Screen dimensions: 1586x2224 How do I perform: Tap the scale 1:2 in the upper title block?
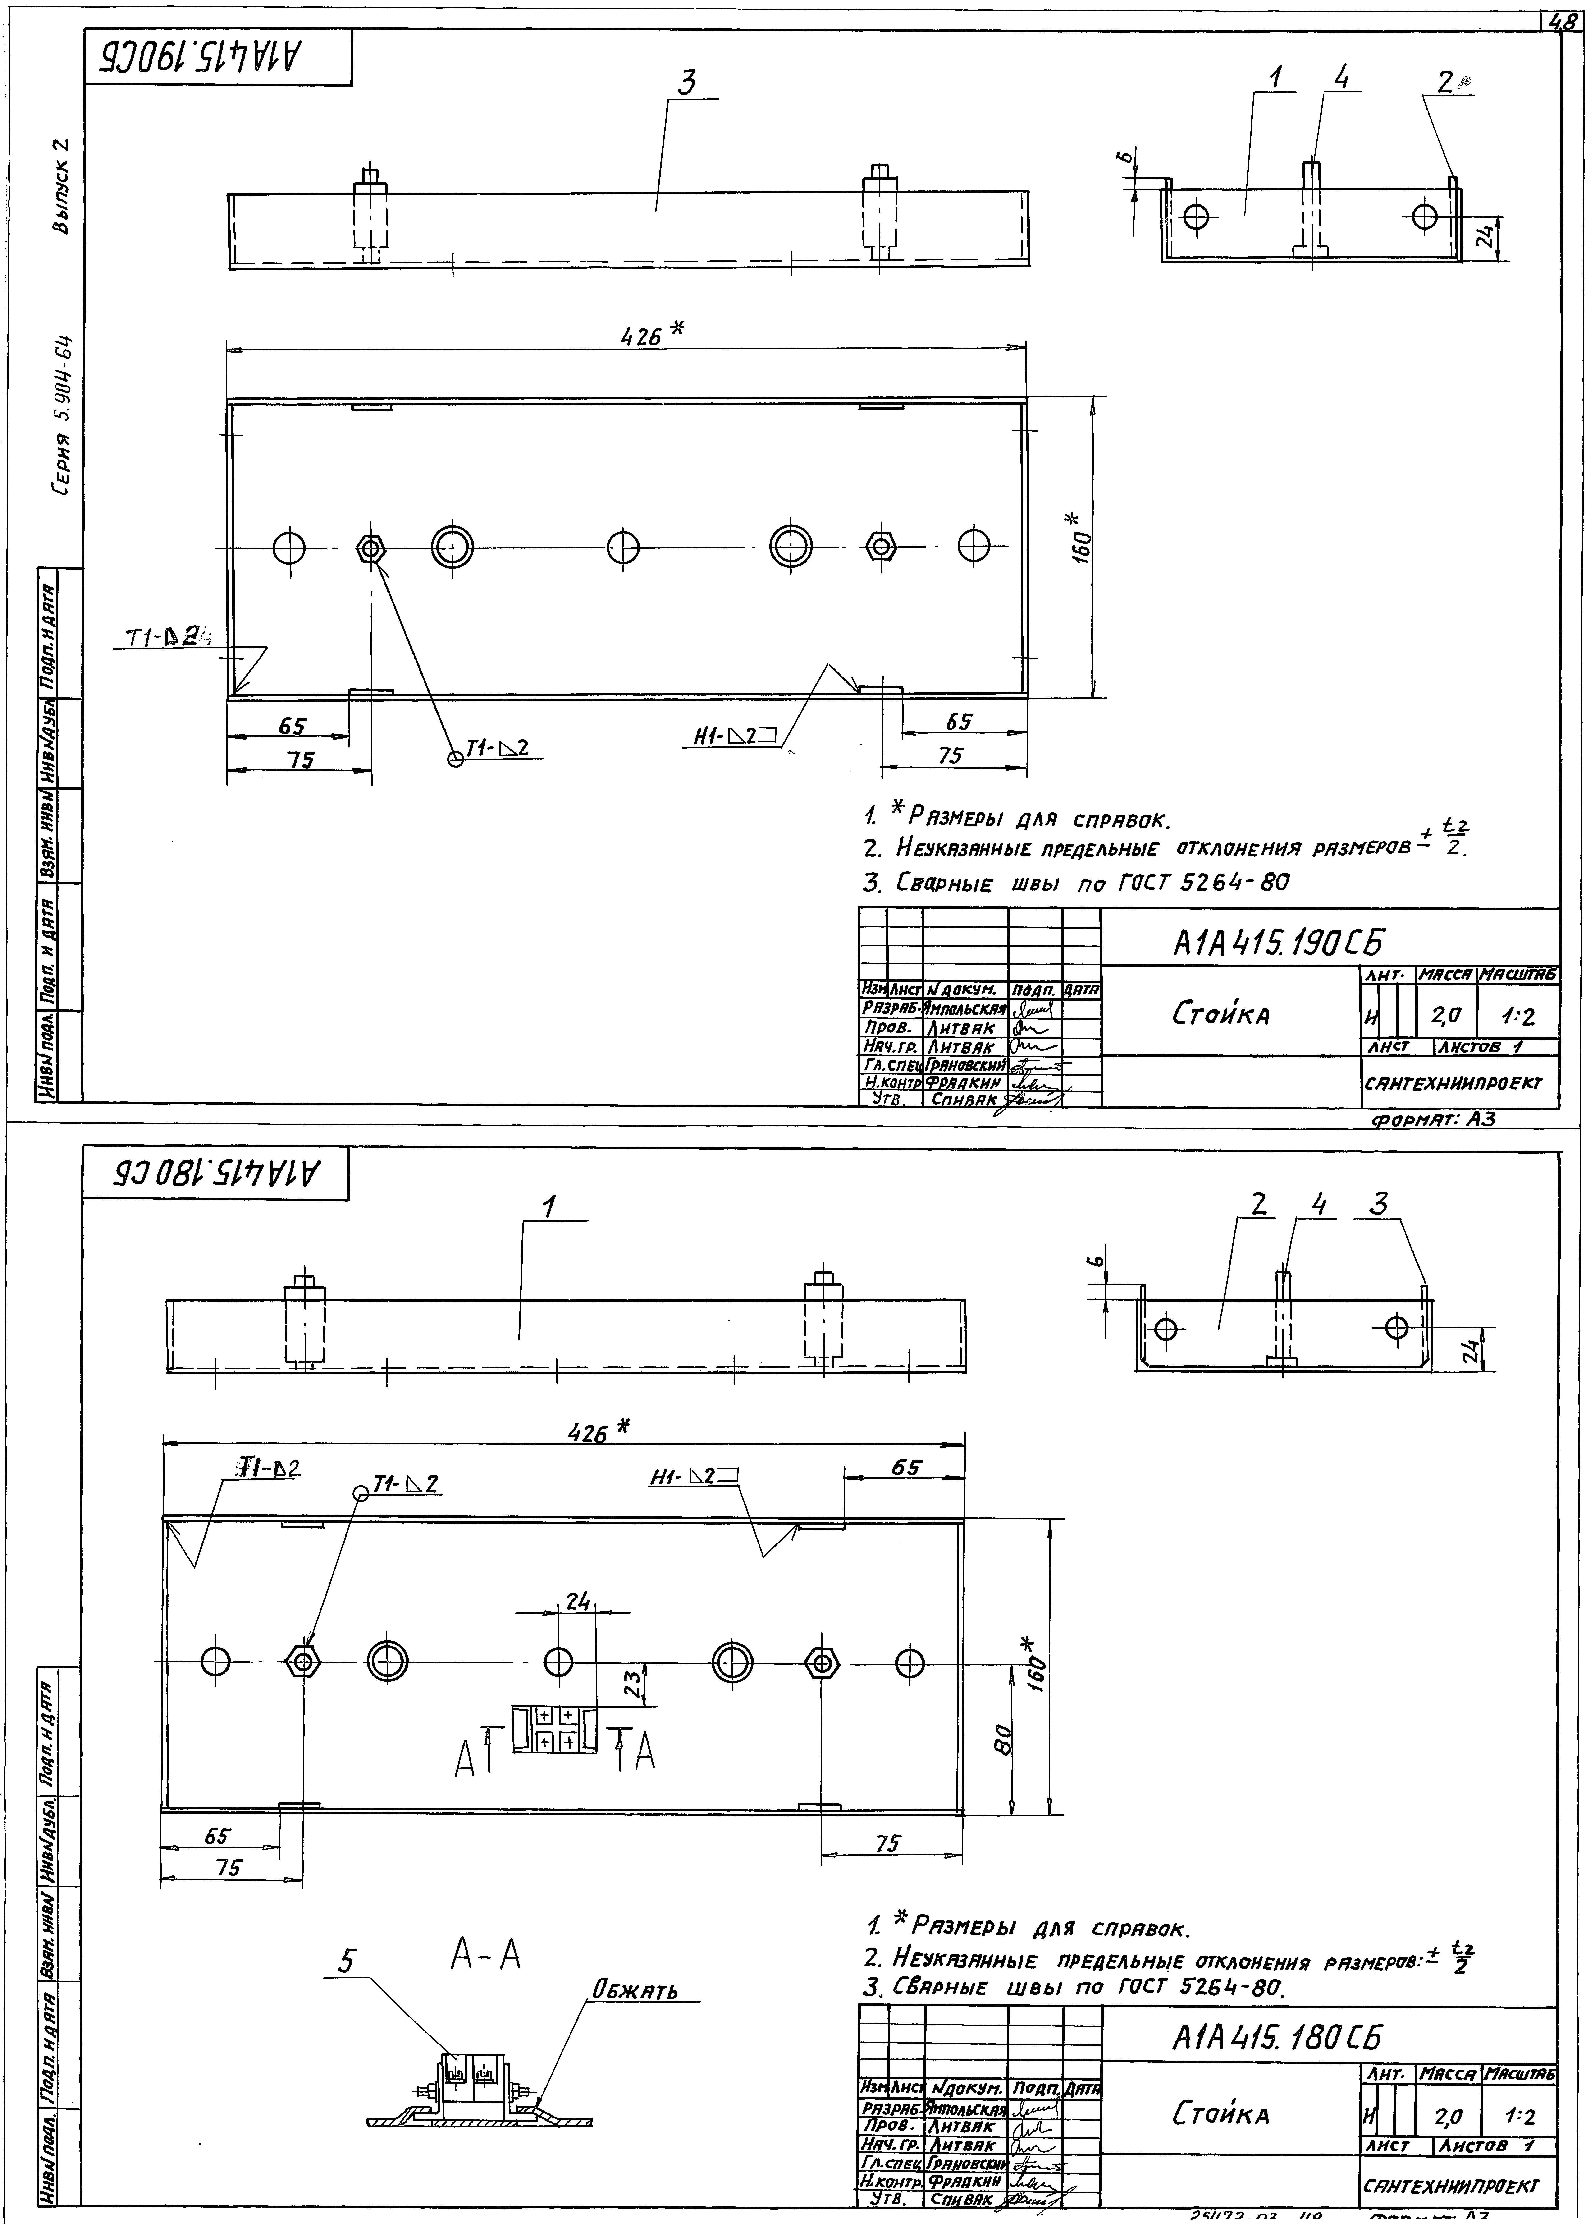[1518, 1018]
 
